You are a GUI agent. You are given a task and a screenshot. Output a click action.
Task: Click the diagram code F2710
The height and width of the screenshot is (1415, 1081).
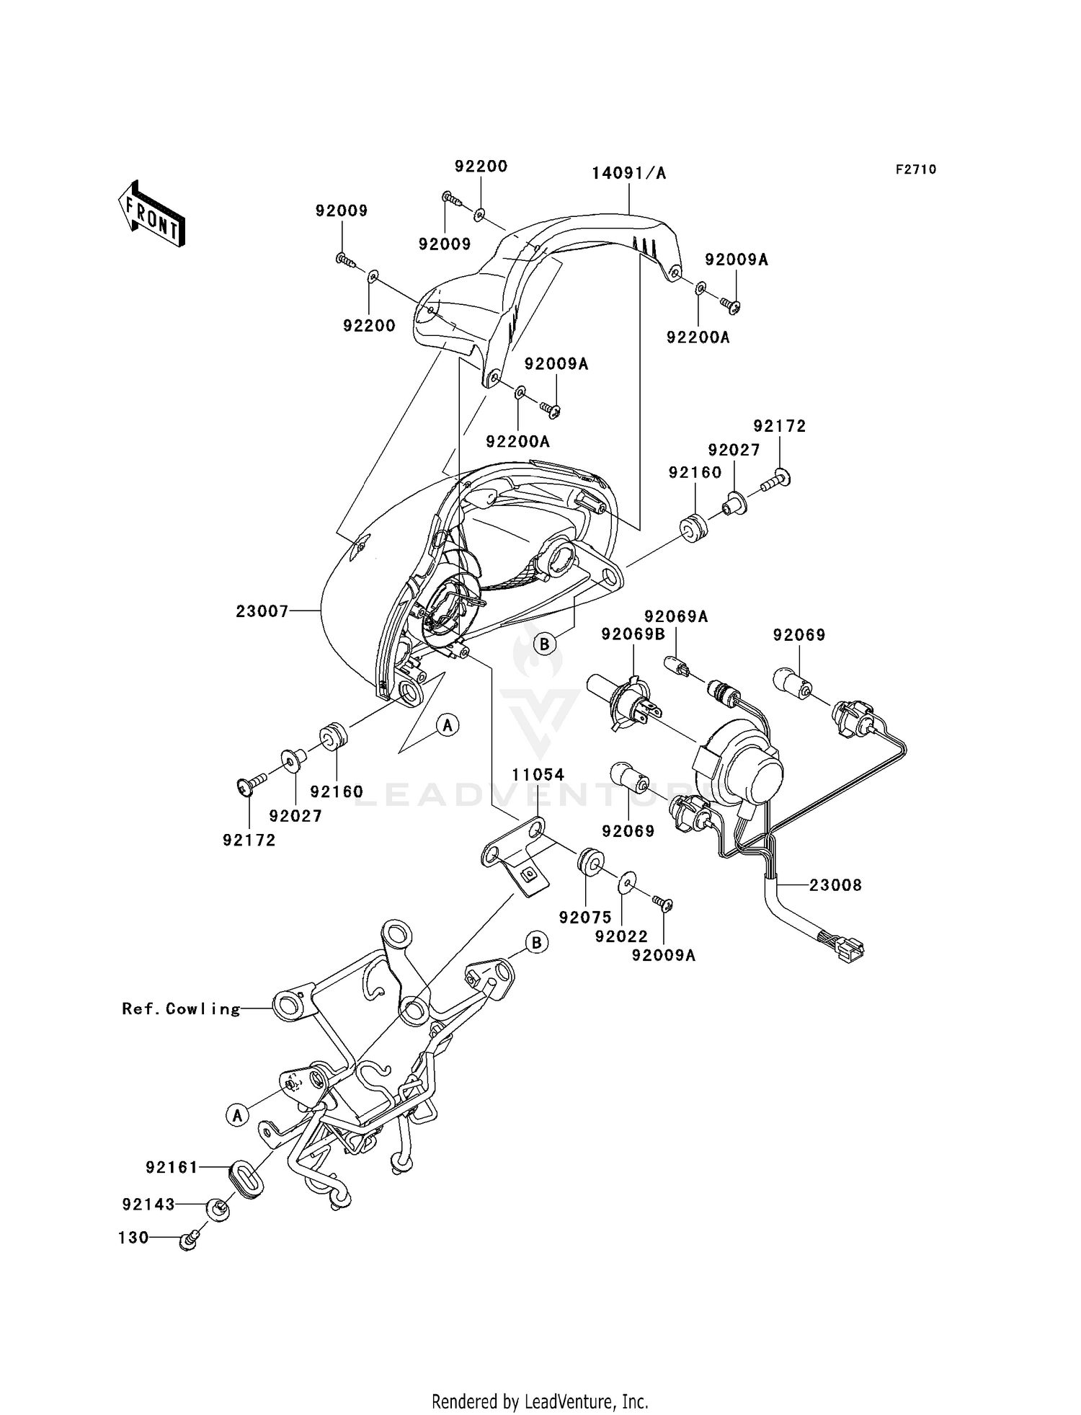(916, 169)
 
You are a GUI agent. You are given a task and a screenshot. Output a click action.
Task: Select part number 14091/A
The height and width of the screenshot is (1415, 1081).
(629, 173)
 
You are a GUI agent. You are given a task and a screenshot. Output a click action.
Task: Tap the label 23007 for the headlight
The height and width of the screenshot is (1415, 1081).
(262, 611)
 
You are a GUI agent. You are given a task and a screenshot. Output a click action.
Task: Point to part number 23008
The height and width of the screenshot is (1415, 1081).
(835, 885)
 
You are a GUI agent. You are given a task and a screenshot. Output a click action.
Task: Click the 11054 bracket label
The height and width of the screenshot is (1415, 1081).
(538, 775)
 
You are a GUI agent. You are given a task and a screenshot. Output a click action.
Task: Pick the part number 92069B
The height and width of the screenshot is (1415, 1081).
(633, 634)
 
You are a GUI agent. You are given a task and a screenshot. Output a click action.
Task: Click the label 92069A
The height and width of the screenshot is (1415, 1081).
(676, 616)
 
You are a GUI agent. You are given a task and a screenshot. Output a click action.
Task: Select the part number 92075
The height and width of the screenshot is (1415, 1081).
(585, 918)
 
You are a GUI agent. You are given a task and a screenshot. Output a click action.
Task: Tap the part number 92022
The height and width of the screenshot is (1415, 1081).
(621, 936)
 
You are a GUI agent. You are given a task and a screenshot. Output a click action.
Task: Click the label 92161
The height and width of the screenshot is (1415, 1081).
(172, 1167)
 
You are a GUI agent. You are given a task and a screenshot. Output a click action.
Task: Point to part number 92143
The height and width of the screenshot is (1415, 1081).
(148, 1205)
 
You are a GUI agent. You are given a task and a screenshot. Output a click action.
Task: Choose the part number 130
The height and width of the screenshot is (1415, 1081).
(133, 1238)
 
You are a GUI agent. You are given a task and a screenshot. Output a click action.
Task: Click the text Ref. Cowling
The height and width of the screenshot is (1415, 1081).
(181, 1009)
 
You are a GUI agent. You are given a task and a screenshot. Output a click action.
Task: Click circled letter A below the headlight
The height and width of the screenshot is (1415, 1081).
(448, 724)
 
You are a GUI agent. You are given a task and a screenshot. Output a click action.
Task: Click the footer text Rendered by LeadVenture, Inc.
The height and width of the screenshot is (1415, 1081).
(540, 1401)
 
